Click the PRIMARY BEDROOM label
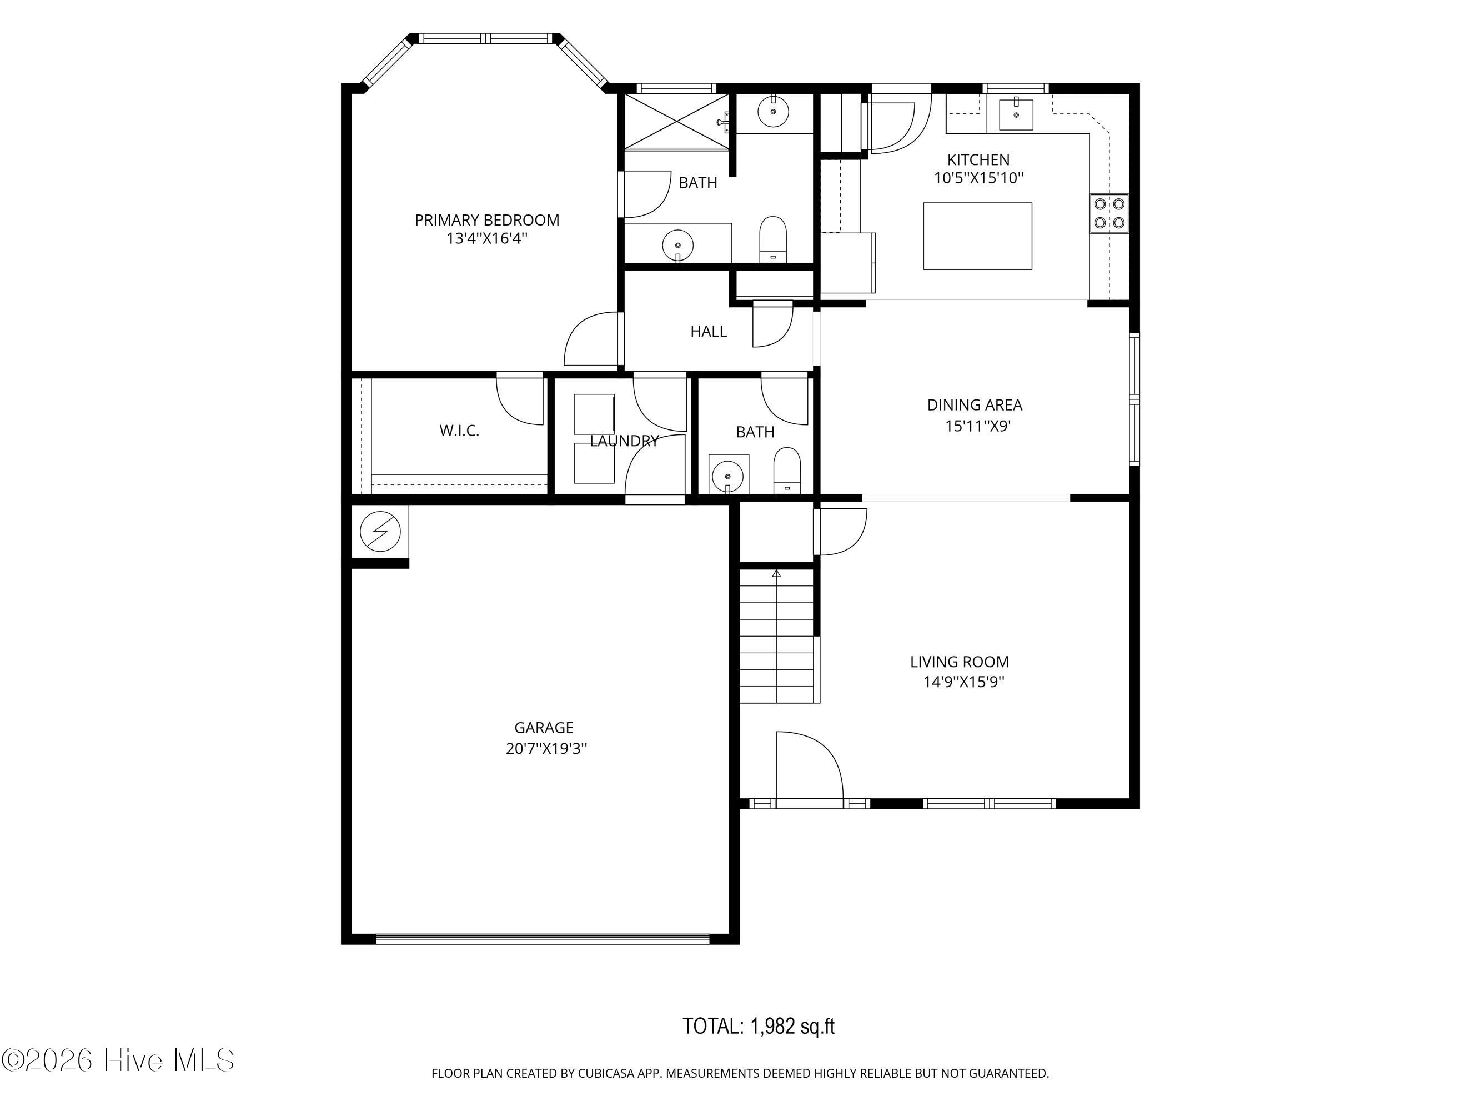(487, 219)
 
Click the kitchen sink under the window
(1016, 114)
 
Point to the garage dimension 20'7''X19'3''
(546, 749)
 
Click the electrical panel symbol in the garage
(380, 532)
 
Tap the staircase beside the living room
(777, 635)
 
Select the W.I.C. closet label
(459, 431)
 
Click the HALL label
(709, 331)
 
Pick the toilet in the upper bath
(774, 239)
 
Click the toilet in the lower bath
(787, 470)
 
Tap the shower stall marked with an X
(677, 122)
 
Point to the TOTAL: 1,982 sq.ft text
(759, 1026)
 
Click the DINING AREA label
(975, 404)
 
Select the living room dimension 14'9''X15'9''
(964, 682)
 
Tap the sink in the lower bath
(729, 476)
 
